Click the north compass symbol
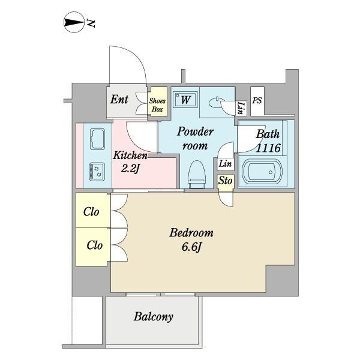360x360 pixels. tap(74, 22)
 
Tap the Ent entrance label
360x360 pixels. tap(119, 100)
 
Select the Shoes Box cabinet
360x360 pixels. tap(157, 102)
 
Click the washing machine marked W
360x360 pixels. tap(185, 100)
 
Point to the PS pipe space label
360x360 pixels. tap(257, 100)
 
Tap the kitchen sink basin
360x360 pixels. tap(98, 139)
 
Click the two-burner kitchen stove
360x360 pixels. tap(97, 172)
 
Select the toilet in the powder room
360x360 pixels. tap(197, 175)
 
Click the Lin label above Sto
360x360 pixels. tap(225, 164)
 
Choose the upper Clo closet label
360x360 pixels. tap(91, 212)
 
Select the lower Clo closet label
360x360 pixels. tap(95, 245)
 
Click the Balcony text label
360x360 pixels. tap(154, 317)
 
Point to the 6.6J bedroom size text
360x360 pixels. tap(191, 247)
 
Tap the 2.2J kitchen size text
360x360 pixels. tap(130, 169)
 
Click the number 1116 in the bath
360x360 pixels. tap(268, 148)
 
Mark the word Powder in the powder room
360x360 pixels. tap(196, 132)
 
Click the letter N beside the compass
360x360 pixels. tap(91, 23)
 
